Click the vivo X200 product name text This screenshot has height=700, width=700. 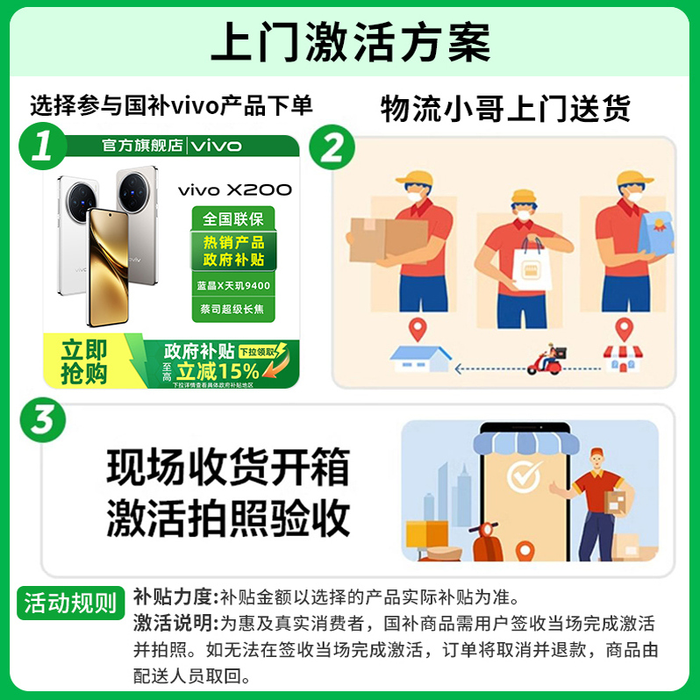[235, 189]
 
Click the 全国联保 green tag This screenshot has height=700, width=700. [233, 218]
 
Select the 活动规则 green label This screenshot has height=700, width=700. [70, 603]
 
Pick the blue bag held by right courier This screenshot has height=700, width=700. [656, 230]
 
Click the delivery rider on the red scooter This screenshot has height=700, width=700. [546, 360]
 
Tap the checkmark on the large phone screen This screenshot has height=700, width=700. [525, 477]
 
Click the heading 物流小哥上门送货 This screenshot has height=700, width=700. [505, 110]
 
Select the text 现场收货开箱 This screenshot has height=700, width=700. [228, 468]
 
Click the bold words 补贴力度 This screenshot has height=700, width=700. [174, 597]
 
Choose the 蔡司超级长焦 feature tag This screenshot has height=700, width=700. [233, 309]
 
